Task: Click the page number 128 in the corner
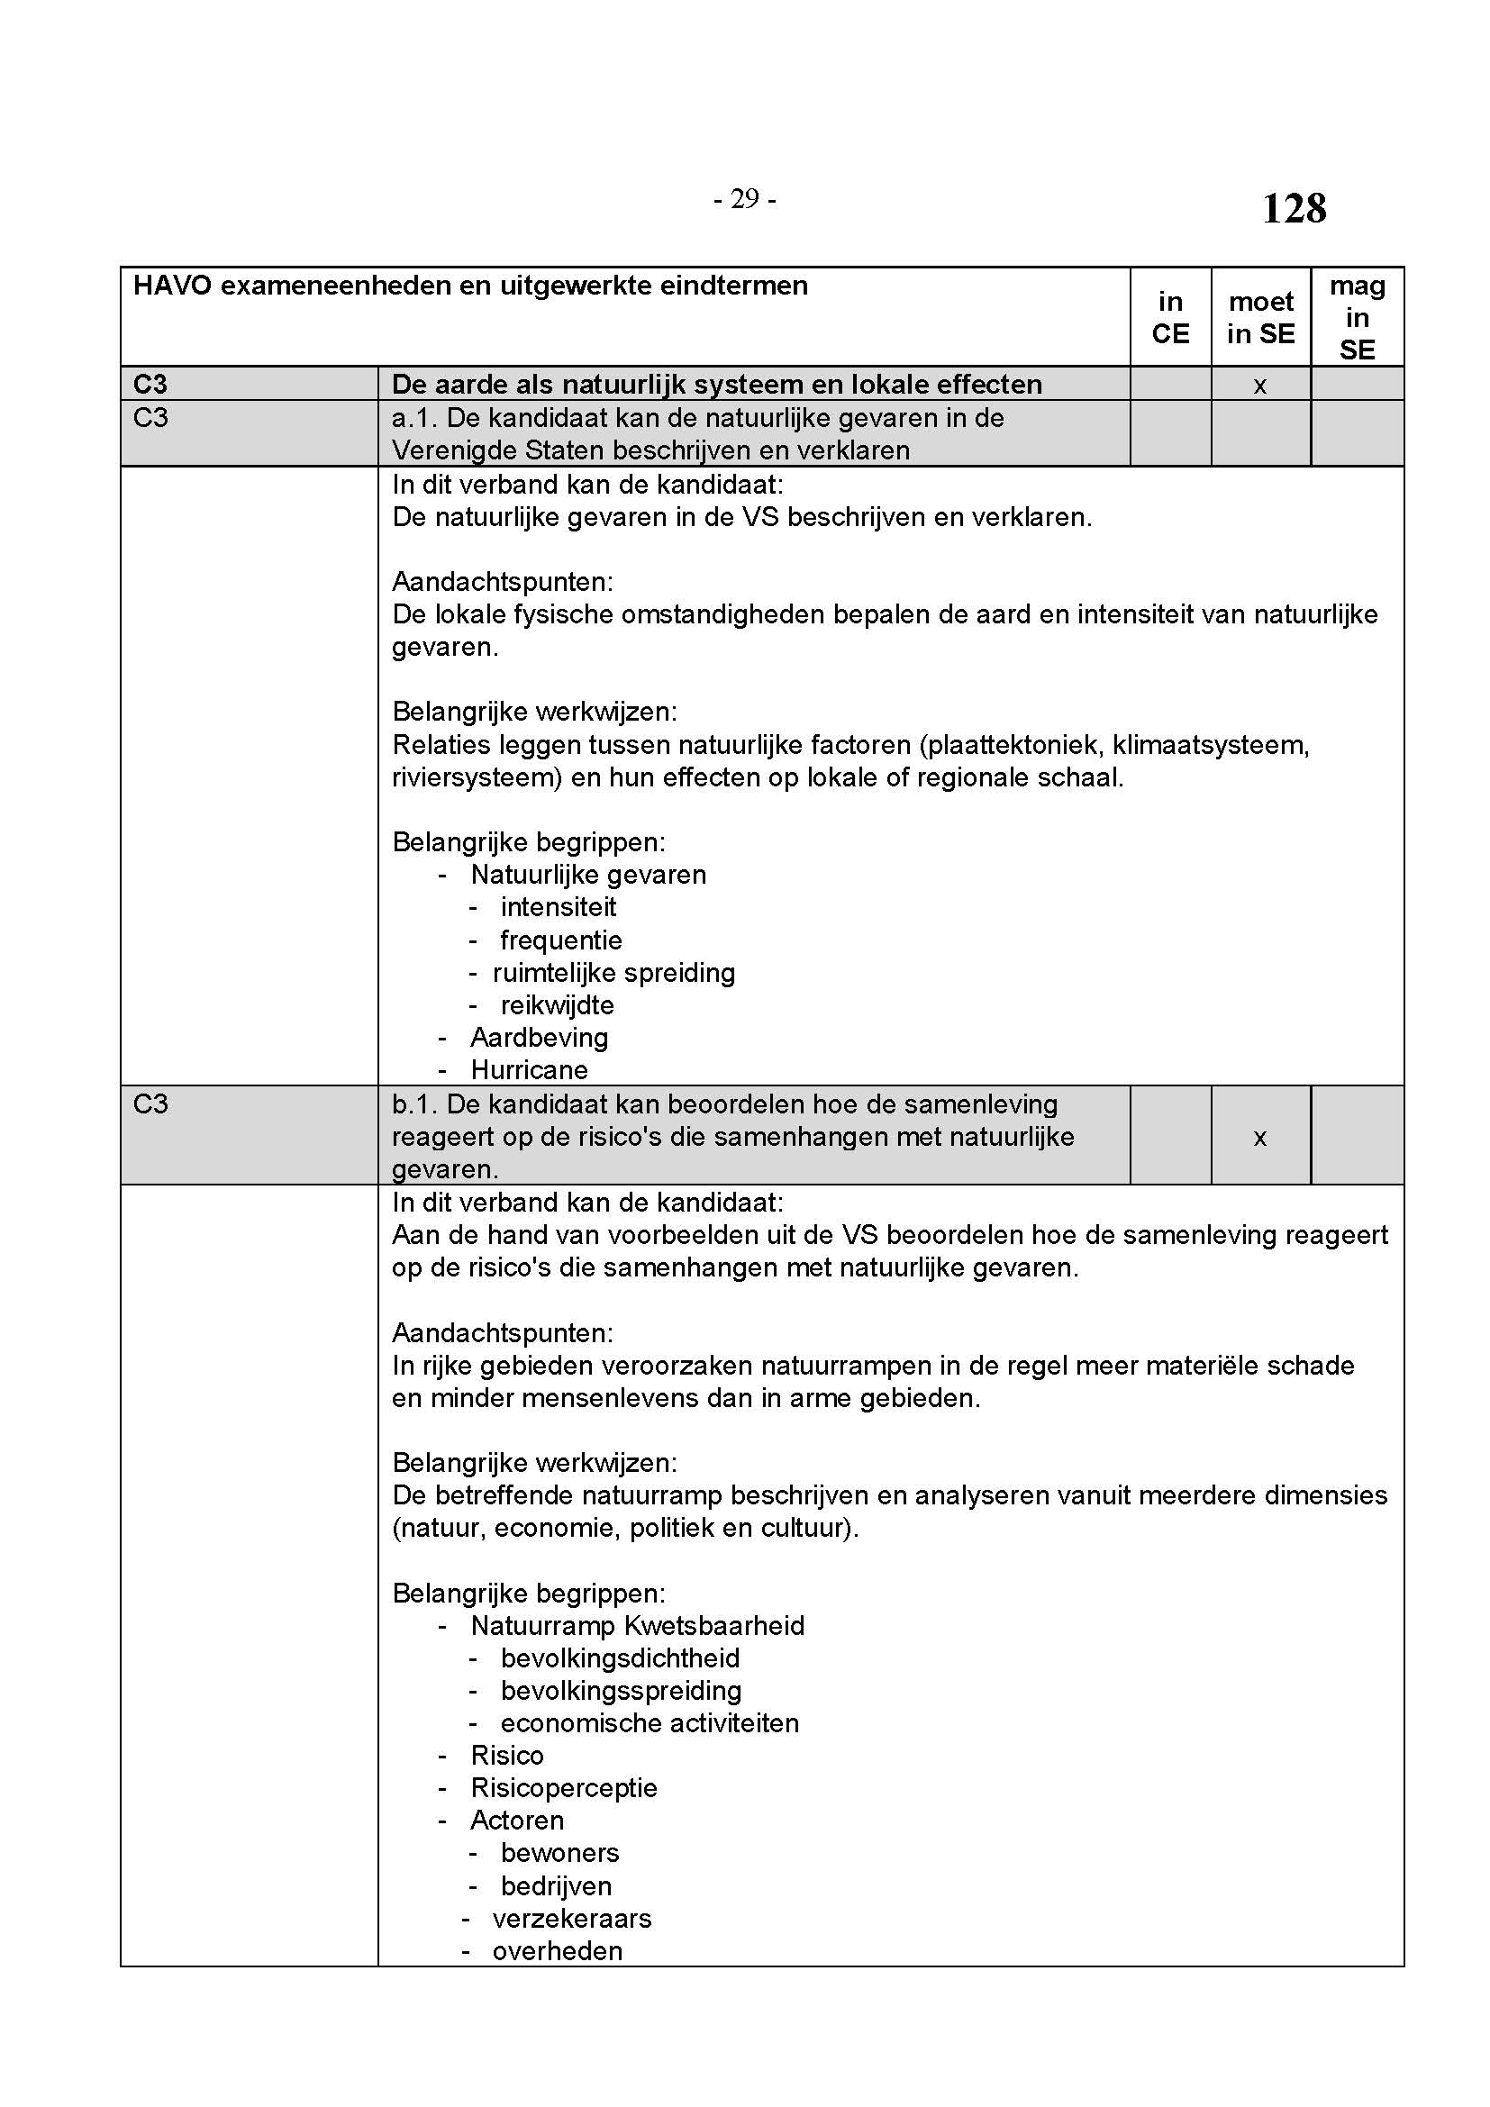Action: (x=1294, y=208)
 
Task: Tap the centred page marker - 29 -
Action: (x=744, y=199)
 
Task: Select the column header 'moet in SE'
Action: (x=1260, y=317)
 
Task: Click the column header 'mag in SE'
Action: (x=1357, y=317)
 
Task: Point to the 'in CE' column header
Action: (x=1170, y=317)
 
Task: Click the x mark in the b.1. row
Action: (x=1259, y=1138)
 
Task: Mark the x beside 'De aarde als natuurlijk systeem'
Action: (x=1259, y=386)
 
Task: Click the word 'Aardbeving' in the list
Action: (x=540, y=1038)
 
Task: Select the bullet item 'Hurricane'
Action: (x=530, y=1070)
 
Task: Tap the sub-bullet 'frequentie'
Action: (x=561, y=940)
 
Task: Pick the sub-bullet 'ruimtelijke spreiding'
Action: (x=613, y=973)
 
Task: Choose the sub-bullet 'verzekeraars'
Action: (x=572, y=1918)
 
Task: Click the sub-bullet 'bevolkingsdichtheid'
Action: (x=620, y=1658)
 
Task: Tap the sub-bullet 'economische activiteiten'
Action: (x=650, y=1722)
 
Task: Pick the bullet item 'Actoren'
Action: (x=517, y=1820)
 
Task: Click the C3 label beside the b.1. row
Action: (x=150, y=1104)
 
